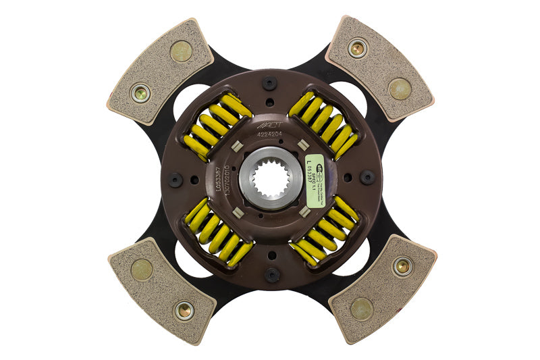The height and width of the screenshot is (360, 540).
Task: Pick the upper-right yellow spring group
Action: point(323,125)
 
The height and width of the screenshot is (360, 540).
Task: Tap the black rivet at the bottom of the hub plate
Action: point(271,274)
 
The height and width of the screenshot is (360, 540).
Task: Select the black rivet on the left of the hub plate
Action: point(175,180)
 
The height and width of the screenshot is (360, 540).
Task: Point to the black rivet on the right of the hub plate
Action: point(367,178)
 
